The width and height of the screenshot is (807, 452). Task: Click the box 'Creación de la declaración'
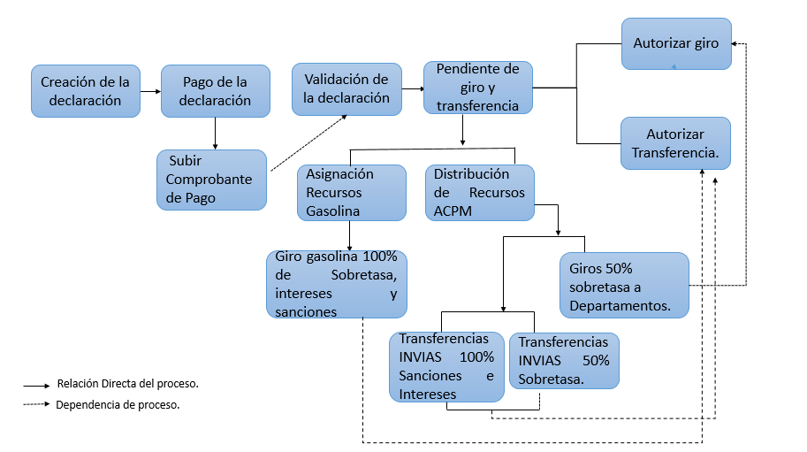85,91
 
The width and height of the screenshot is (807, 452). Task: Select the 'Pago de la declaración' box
215,91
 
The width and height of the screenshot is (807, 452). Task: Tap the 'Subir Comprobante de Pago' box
211,180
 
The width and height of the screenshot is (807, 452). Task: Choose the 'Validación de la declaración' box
346,88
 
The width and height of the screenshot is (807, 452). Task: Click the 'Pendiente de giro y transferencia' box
477,88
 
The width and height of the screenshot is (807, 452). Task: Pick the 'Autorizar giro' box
676,43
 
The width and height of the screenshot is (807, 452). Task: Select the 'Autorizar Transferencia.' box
676,143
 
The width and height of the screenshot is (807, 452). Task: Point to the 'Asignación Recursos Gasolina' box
351,192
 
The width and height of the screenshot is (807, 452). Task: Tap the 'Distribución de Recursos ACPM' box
479,192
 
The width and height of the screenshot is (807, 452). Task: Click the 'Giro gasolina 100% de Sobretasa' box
336,284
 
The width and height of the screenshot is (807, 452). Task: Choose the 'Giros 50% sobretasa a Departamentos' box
624,286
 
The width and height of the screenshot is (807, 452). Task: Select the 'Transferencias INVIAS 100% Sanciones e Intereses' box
446,367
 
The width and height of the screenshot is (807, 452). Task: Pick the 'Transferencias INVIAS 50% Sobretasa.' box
564,360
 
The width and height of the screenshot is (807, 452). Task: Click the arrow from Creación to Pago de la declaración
150,91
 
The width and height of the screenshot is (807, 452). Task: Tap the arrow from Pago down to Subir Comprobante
215,133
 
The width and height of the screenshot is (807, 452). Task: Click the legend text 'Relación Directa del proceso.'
127,384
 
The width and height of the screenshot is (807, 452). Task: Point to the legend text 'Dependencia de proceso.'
118,404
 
